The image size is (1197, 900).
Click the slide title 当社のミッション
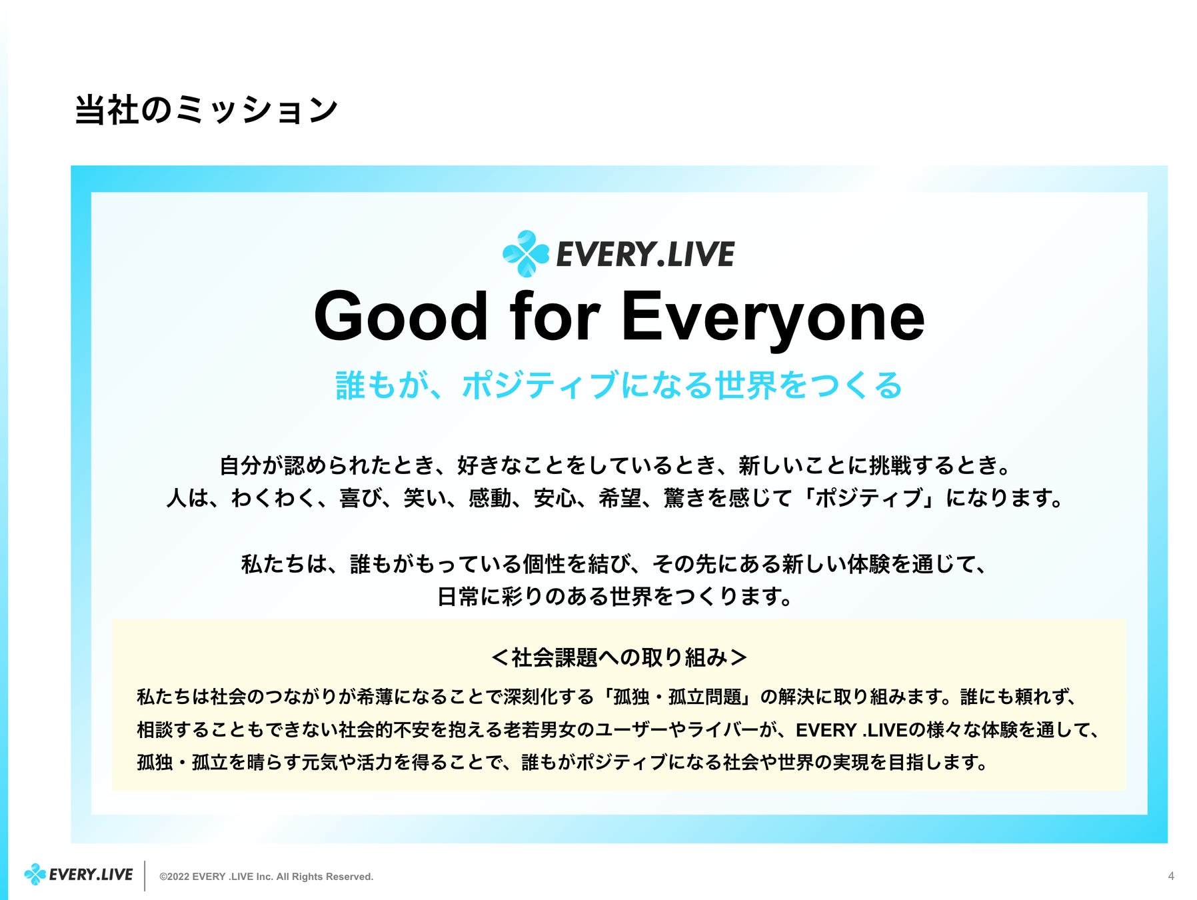click(x=206, y=110)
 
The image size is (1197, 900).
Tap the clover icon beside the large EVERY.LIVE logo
click(x=526, y=253)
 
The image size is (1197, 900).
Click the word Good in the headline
click(x=401, y=317)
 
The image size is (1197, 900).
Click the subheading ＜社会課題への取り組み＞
click(x=618, y=657)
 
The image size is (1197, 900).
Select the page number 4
click(x=1171, y=876)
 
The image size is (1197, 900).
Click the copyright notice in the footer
click(x=266, y=877)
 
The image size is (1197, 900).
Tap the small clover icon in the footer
click(x=35, y=874)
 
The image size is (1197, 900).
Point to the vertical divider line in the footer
click(x=145, y=875)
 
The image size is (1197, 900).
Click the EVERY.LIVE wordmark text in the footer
click(x=91, y=875)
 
